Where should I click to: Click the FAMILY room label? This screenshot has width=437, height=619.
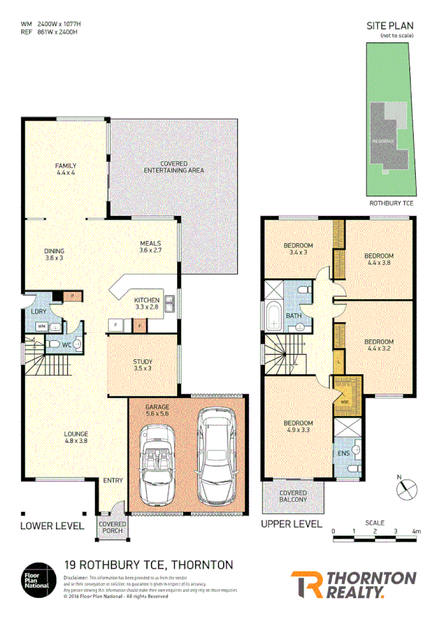point(66,169)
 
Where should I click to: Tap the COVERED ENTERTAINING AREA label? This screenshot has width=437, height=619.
point(172,166)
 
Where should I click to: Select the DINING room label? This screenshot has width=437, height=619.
point(54,254)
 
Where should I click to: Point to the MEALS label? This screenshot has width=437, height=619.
point(150,247)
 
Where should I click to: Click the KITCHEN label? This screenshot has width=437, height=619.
point(147,303)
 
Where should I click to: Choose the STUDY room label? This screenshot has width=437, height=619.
point(142,364)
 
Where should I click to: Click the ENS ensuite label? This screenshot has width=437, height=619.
point(344,453)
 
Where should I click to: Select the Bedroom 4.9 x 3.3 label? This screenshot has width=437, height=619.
point(298,427)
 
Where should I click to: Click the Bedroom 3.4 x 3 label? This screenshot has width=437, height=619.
point(298,248)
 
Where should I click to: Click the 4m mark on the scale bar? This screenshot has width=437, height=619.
point(416,532)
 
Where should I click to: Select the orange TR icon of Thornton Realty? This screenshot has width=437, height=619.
point(305,584)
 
